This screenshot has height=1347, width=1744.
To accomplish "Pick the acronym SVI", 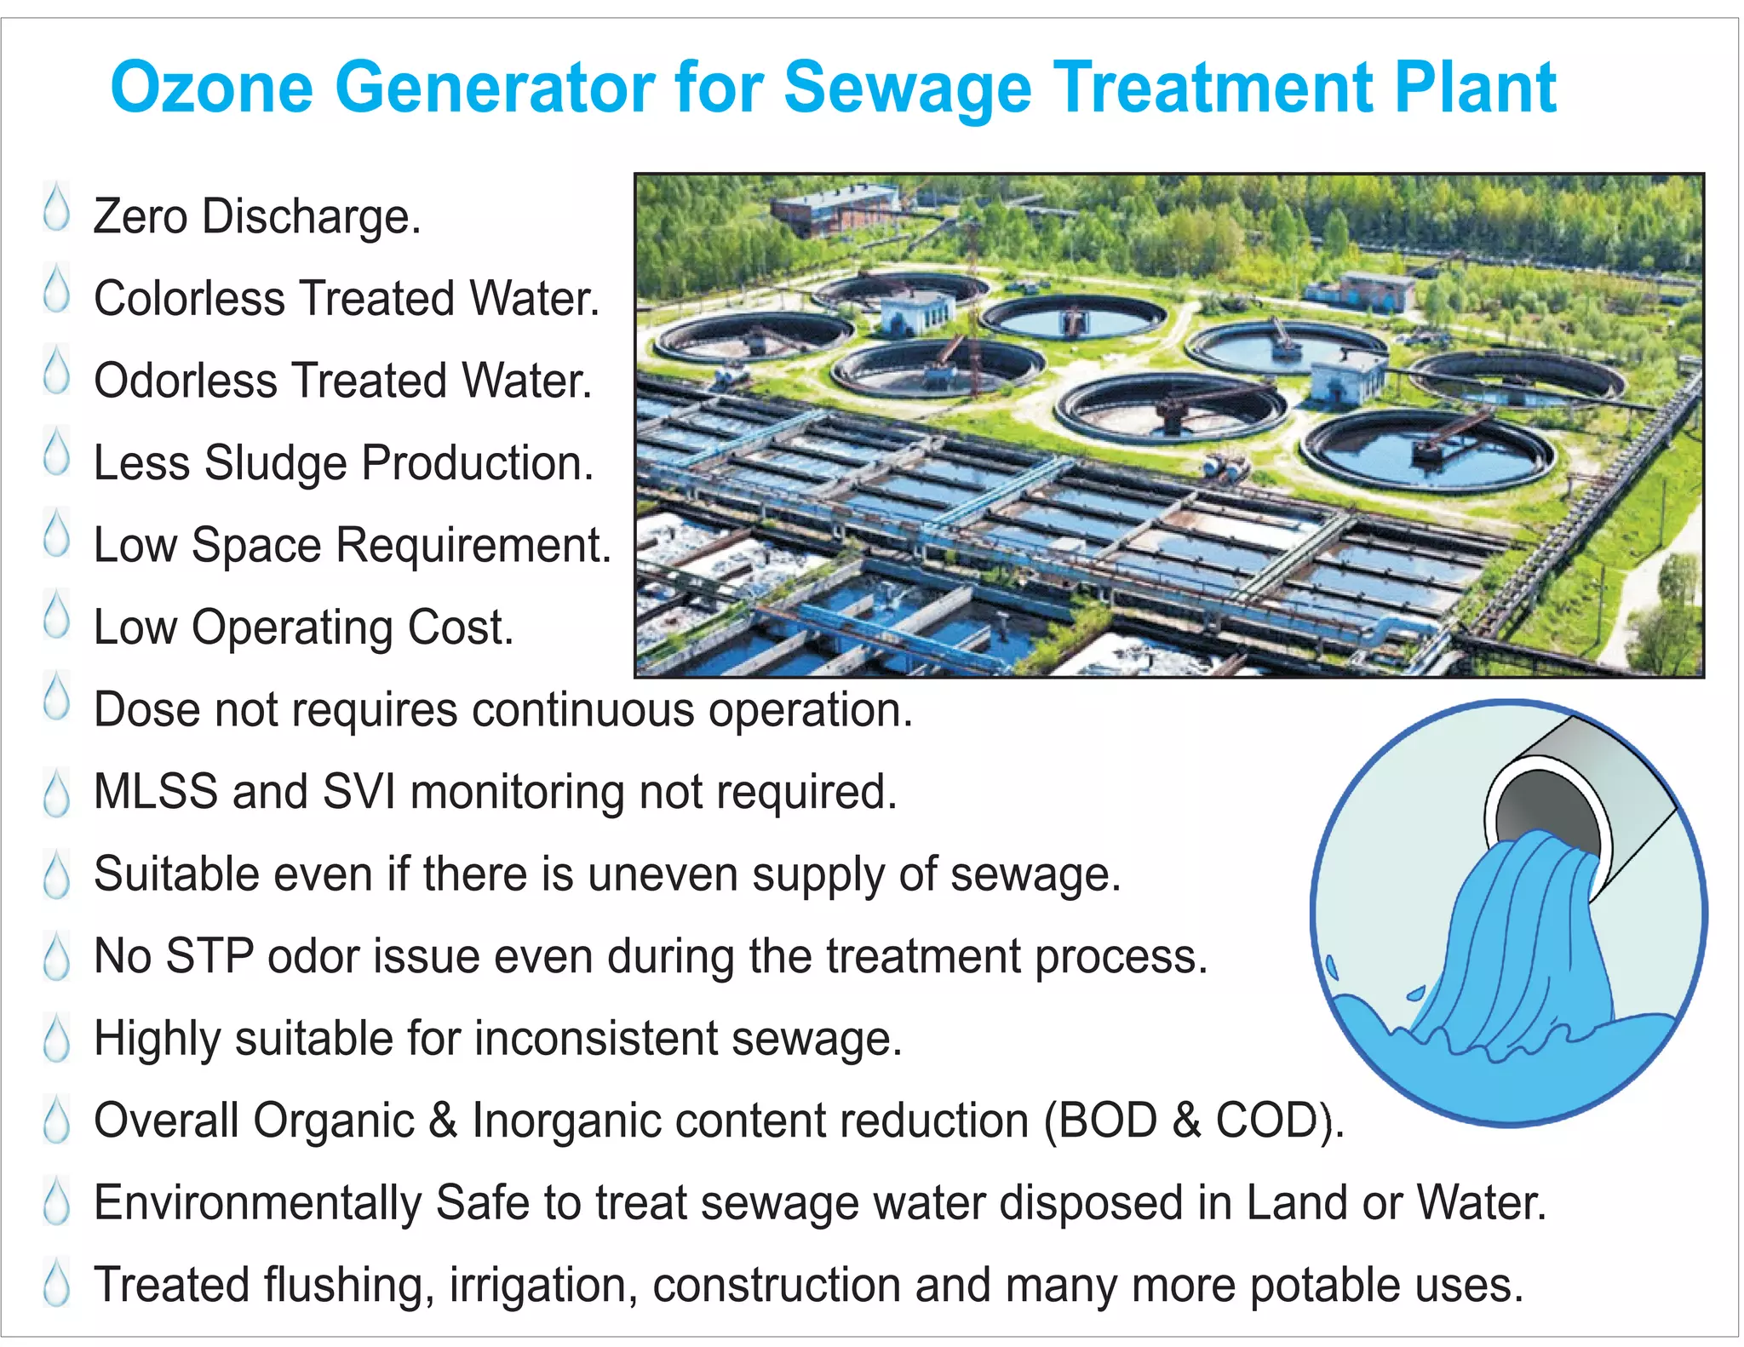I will point(359,792).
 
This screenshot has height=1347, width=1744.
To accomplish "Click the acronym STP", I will point(209,956).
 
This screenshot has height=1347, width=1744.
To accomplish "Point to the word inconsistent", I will point(596,1039).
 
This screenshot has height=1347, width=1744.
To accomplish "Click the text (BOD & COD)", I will point(1193,1121).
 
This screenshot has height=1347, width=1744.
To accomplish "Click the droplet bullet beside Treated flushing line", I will point(56,1281).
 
